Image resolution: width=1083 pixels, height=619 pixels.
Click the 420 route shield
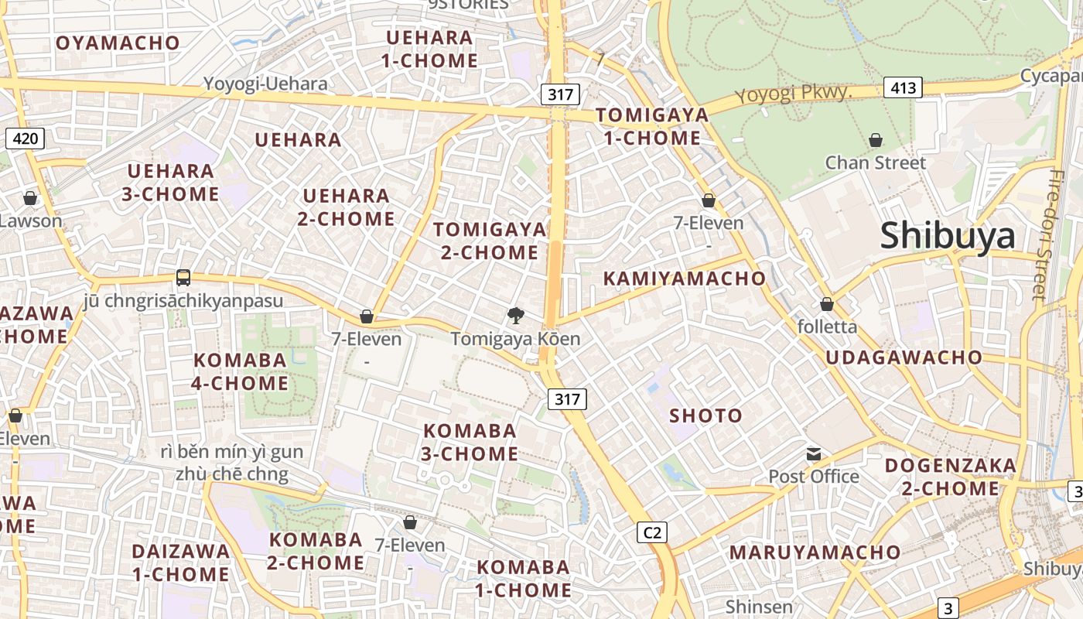[x=25, y=139]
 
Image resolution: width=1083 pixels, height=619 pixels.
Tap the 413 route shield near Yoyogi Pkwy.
[x=903, y=87]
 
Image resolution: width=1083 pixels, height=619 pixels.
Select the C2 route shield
[x=652, y=532]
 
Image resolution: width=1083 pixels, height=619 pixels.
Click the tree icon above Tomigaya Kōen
[x=515, y=316]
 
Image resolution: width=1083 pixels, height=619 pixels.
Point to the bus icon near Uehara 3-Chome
[x=183, y=278]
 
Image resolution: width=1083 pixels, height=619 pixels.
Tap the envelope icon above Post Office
[x=813, y=454]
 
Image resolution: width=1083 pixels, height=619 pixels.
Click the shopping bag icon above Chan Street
[x=876, y=140]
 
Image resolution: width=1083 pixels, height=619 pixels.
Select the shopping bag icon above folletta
[x=827, y=304]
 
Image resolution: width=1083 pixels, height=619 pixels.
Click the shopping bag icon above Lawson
[x=30, y=199]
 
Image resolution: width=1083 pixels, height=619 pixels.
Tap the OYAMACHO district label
[x=118, y=43]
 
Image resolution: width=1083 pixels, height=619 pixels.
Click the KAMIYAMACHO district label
[x=684, y=279]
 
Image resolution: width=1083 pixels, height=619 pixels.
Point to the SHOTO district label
[x=705, y=416]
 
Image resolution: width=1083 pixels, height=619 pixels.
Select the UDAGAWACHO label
[x=904, y=357]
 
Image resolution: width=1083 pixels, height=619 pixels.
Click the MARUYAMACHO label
[x=815, y=552]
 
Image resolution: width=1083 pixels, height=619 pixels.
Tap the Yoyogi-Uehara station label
[x=265, y=84]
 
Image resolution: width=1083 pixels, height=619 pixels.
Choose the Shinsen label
[x=759, y=607]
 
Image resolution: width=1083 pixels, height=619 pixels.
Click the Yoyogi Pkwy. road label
[x=793, y=94]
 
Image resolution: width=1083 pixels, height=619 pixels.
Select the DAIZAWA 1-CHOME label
[x=180, y=563]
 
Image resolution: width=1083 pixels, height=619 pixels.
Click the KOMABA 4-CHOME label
[x=240, y=371]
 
